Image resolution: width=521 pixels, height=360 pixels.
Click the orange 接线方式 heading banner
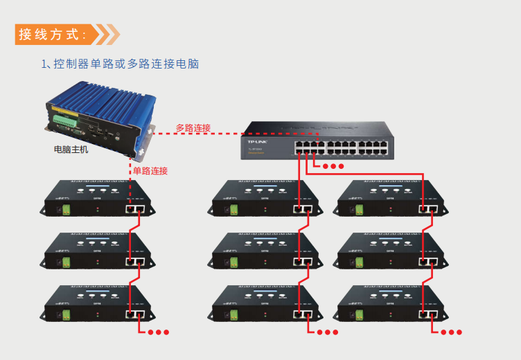(59, 34)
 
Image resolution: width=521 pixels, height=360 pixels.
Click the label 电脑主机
(71, 149)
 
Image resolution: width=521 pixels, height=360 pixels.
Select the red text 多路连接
(193, 128)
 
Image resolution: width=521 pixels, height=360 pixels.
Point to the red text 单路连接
(150, 171)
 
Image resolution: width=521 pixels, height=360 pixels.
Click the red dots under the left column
(158, 332)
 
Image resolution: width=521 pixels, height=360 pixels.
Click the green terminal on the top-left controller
(67, 210)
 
